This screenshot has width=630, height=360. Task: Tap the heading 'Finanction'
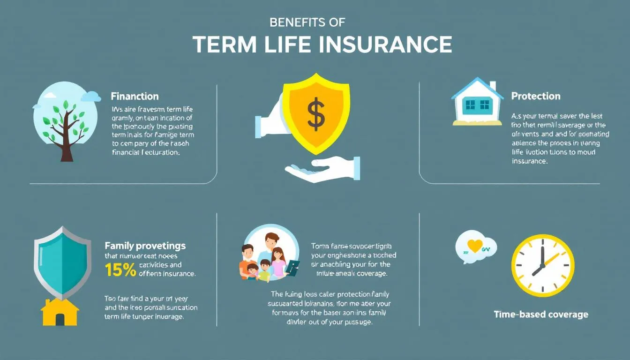tap(135, 97)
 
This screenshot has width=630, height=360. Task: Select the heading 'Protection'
tap(535, 96)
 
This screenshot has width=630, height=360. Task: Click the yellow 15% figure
tap(120, 269)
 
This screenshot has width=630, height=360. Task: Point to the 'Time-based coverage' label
tap(541, 314)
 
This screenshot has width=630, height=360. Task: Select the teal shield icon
tap(62, 262)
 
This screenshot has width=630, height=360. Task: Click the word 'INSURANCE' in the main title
tap(382, 45)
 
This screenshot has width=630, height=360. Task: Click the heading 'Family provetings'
tap(145, 246)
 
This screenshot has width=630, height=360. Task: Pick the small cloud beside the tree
tap(91, 97)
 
